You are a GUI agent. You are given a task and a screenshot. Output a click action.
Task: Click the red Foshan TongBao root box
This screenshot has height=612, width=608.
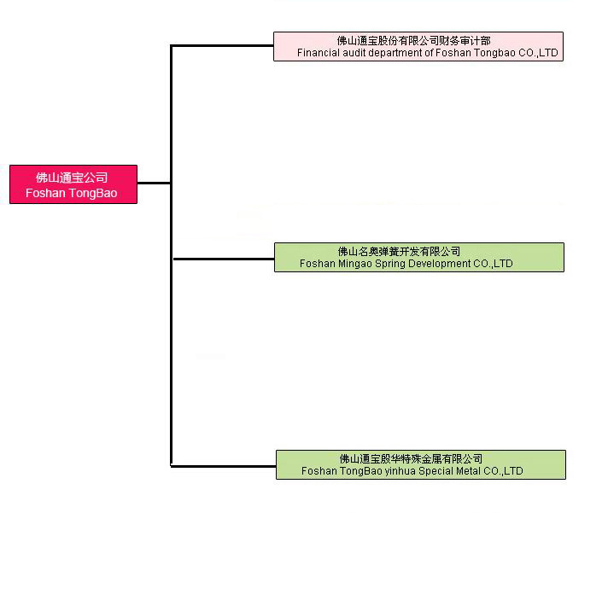point(73,184)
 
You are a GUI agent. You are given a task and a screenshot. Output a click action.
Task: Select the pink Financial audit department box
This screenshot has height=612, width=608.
point(418,46)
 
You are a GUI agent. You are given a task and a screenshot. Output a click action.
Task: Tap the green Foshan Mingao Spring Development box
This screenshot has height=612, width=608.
point(419,257)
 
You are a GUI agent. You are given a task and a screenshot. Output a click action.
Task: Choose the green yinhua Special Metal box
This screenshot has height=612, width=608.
point(421,464)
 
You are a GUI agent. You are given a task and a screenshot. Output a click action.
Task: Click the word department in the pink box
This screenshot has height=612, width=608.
point(395,53)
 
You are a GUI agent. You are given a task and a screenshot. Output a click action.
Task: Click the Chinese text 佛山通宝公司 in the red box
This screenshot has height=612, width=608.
point(72,178)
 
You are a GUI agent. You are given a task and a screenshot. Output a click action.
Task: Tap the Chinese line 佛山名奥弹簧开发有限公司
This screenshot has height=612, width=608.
point(399,251)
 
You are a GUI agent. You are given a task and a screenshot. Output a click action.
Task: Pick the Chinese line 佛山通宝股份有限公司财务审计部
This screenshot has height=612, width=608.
point(413,41)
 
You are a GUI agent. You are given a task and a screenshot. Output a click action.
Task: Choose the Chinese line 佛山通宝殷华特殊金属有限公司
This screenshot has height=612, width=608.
point(411,458)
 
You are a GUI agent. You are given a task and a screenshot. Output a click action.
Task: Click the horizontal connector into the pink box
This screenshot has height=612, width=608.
point(222,46)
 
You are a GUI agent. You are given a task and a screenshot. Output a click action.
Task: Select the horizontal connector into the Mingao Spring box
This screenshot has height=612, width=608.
point(224,259)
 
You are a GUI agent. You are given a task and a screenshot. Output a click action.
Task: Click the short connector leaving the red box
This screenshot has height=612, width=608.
point(154,183)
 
